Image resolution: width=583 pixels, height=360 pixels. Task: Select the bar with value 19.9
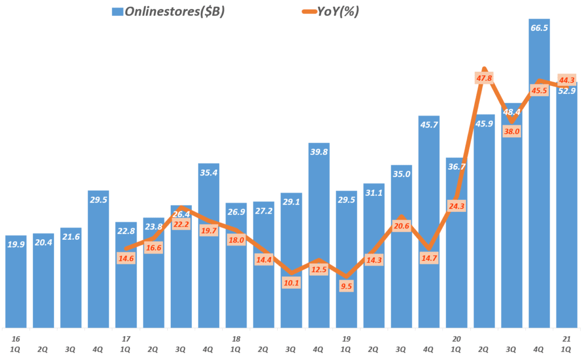tap(16, 282)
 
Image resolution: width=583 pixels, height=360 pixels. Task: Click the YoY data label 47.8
tap(483, 78)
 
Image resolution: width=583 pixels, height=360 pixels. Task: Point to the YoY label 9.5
tap(346, 287)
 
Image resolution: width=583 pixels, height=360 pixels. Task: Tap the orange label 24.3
tap(456, 206)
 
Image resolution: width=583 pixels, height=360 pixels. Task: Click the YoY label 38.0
tap(511, 131)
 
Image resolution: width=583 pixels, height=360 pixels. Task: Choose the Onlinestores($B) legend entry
tap(169, 11)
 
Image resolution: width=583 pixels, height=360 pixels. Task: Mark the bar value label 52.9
tap(566, 91)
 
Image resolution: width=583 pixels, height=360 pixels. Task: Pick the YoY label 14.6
tap(126, 257)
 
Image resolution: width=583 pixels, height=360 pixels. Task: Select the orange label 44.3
tap(566, 80)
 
